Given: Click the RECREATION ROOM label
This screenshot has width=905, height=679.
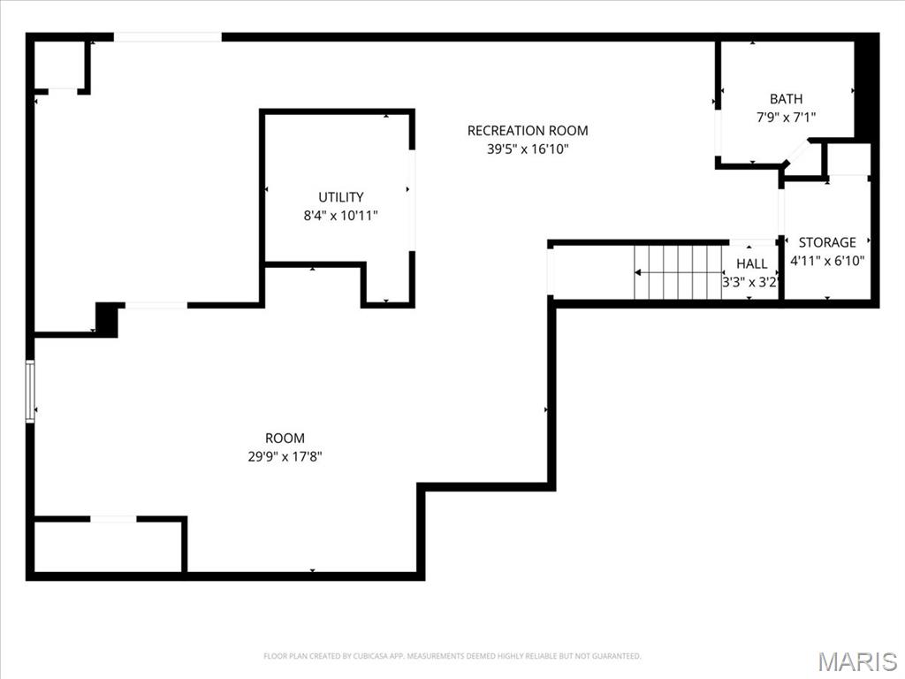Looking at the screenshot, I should click(x=527, y=131).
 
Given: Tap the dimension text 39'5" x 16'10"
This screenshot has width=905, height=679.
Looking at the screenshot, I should click(x=527, y=149).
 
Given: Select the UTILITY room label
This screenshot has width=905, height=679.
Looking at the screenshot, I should click(x=340, y=197).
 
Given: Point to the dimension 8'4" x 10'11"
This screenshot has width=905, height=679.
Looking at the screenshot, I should click(x=340, y=215).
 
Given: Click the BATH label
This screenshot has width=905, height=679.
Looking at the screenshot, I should click(x=786, y=99).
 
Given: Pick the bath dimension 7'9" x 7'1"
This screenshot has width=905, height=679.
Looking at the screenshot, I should click(x=786, y=117).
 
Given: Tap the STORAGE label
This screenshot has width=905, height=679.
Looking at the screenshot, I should click(x=827, y=242).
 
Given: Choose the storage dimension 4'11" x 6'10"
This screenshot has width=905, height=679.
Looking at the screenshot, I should click(x=827, y=261).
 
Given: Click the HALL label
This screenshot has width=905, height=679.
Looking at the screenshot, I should click(x=751, y=263).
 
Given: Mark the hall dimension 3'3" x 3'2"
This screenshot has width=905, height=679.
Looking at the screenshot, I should click(x=749, y=283).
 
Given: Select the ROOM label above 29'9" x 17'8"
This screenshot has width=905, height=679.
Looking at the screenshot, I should click(x=285, y=438).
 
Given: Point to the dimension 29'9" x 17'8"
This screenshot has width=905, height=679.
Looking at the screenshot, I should click(x=285, y=457).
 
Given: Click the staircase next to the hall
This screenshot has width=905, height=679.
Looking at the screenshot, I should click(x=678, y=272).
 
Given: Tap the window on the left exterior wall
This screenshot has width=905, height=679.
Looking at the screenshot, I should click(x=30, y=391).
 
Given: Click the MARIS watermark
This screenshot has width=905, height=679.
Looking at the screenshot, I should click(x=856, y=660).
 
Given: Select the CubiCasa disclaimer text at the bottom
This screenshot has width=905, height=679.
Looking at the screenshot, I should click(x=452, y=656).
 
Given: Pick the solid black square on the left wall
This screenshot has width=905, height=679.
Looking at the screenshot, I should click(x=107, y=318).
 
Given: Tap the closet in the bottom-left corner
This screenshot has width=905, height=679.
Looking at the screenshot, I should click(x=107, y=546).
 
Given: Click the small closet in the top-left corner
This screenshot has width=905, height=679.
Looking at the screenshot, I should click(x=59, y=65).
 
